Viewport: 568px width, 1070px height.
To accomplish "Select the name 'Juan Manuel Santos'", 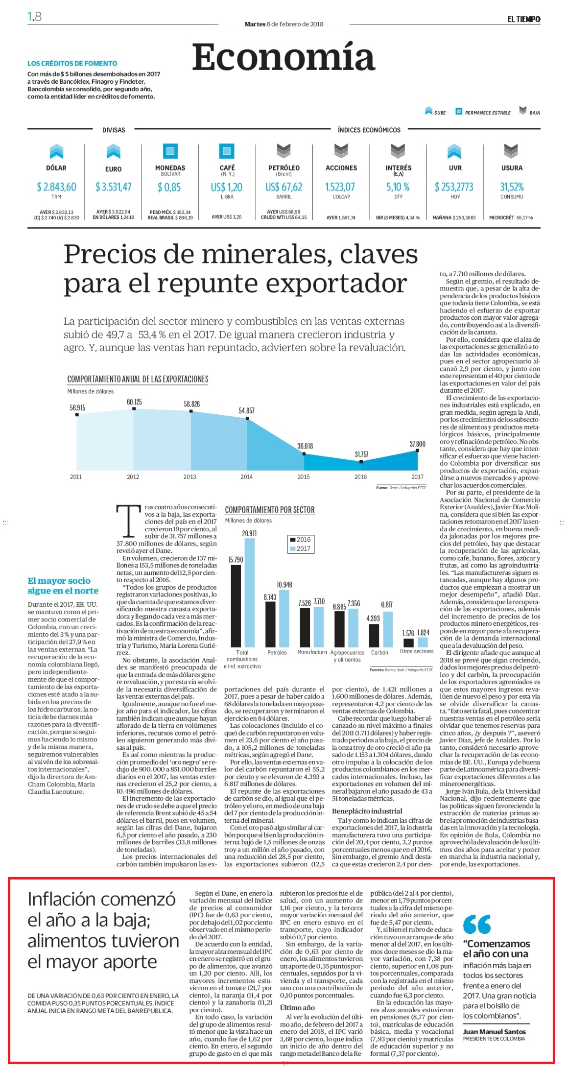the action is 494,1031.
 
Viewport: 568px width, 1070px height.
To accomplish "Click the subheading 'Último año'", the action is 297,1007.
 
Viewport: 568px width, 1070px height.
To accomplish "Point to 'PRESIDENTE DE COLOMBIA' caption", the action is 494,1039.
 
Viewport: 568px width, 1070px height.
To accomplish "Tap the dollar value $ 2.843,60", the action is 56,187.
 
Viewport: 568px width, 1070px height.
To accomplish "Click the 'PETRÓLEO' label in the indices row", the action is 284,167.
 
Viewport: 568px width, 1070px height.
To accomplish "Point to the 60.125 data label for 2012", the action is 134,402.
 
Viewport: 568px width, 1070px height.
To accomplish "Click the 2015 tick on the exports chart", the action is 304,476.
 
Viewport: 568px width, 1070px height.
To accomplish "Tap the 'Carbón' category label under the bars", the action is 379,652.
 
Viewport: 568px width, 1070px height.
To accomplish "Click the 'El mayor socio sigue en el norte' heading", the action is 63,586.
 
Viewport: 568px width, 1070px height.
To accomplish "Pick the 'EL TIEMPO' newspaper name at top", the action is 524,19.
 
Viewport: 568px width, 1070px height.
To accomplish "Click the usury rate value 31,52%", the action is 512,187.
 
